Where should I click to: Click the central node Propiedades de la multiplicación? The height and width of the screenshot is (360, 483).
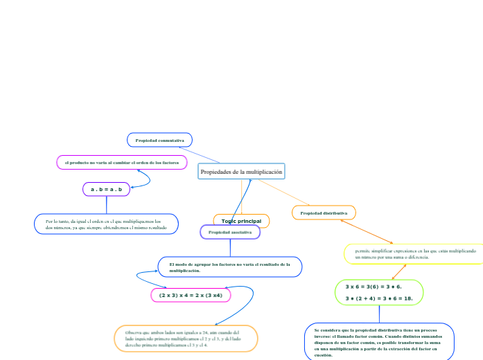[241, 171]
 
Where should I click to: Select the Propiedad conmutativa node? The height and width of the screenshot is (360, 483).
[159, 141]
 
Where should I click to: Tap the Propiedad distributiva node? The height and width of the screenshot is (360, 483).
[324, 213]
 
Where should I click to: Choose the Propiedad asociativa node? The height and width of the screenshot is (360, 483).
[230, 233]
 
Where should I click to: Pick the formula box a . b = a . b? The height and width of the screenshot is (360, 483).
[106, 189]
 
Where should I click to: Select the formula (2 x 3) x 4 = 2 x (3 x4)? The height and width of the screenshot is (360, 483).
[191, 296]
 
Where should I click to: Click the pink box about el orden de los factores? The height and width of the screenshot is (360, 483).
[122, 162]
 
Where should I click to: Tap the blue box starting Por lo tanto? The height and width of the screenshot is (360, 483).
[106, 224]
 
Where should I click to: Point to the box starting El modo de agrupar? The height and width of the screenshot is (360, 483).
[230, 267]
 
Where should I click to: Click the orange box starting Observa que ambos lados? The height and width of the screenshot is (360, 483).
[186, 339]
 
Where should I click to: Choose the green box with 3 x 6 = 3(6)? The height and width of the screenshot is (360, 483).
[379, 292]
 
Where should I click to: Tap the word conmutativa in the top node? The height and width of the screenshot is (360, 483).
[170, 141]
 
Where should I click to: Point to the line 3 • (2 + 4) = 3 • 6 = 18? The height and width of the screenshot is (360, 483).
[379, 299]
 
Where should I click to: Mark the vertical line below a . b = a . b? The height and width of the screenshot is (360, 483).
[106, 205]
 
